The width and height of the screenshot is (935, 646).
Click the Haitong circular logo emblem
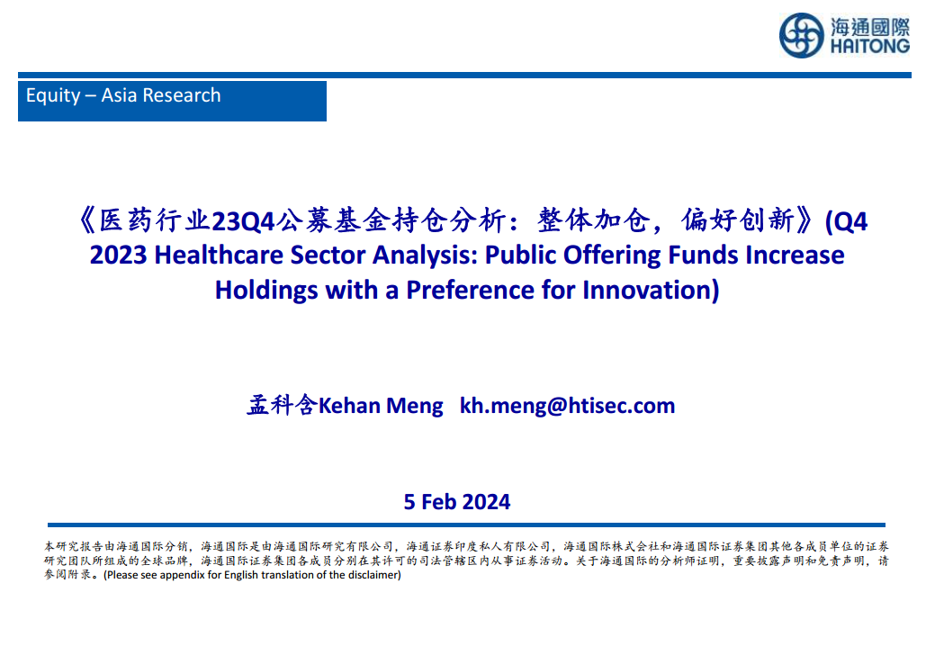[802, 36]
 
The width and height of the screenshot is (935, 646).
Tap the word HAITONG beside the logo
[870, 46]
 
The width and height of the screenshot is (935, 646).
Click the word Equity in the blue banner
[53, 96]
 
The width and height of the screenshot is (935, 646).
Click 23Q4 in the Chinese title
[243, 221]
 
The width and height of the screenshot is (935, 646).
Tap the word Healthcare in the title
[219, 255]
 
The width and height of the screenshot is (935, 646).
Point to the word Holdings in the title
[266, 292]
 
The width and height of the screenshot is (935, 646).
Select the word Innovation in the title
[647, 291]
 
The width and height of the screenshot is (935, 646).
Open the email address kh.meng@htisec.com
[567, 407]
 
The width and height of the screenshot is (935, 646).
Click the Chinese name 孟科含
[282, 405]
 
